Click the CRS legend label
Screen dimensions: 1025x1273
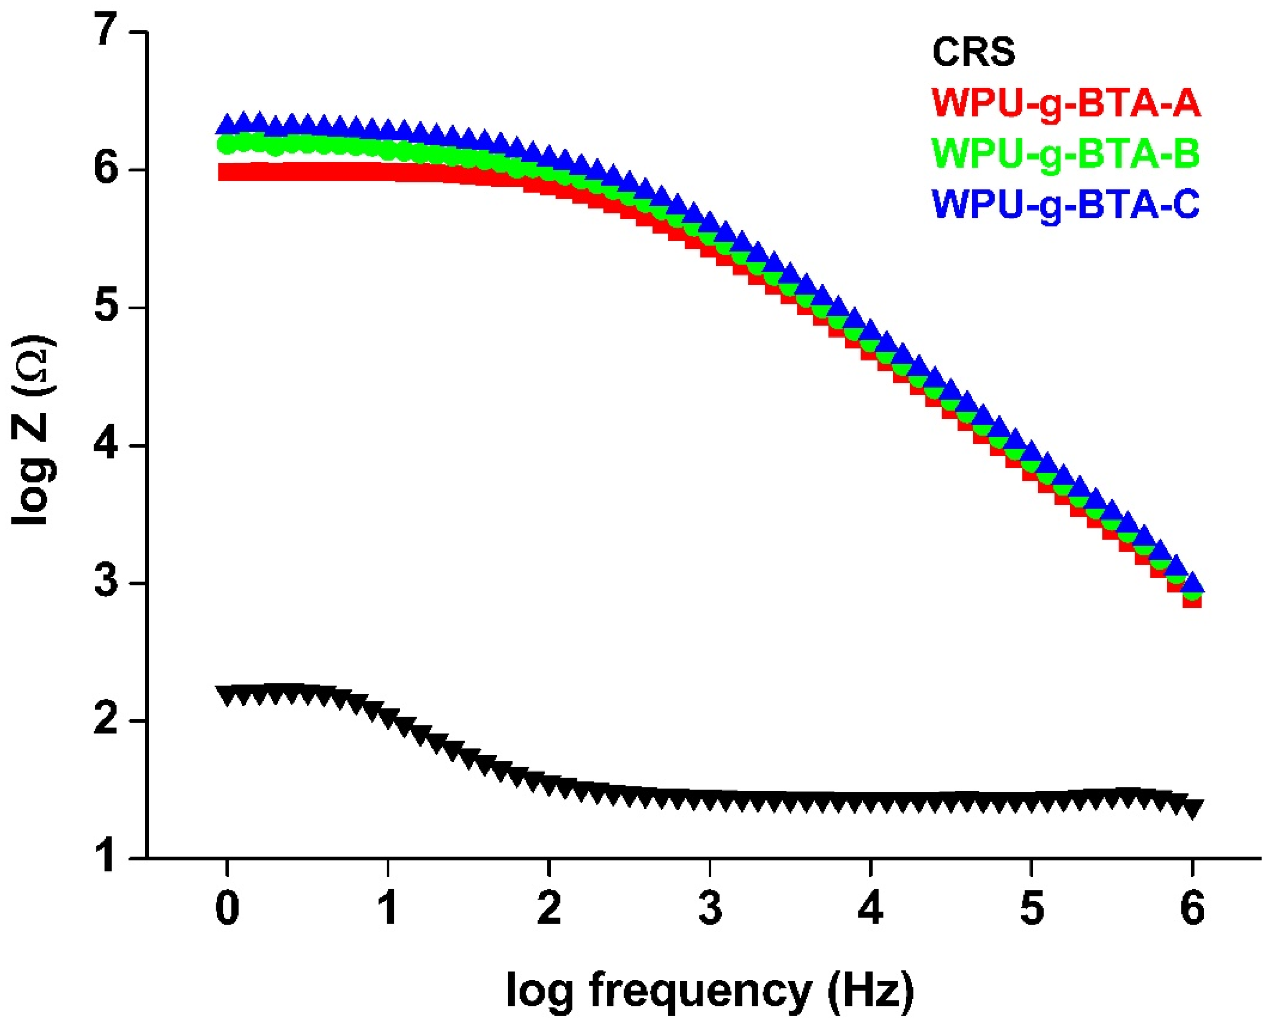pos(973,52)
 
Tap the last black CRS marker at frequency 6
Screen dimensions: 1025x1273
pos(1192,808)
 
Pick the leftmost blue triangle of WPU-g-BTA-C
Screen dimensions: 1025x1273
pos(227,125)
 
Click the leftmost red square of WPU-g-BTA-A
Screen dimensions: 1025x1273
pos(227,172)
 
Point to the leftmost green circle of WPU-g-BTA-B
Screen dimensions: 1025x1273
pos(227,144)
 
